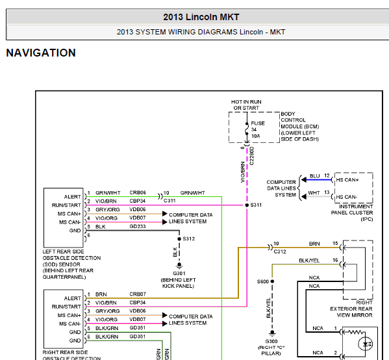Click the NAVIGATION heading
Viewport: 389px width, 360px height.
point(41,53)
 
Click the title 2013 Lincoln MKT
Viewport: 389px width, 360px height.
point(201,17)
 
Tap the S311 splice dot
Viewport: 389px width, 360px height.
point(247,205)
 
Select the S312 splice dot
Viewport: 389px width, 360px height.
point(179,239)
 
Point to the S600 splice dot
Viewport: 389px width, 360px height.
point(272,281)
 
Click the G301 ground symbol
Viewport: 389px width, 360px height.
point(179,266)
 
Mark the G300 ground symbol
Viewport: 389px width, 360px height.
point(272,333)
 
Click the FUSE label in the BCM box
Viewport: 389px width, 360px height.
point(258,123)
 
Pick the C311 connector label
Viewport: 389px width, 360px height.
point(169,201)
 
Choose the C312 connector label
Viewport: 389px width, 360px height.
point(280,251)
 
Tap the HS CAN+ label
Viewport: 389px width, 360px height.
point(347,180)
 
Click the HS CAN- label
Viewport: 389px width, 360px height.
point(347,197)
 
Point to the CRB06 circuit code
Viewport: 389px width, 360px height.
point(138,192)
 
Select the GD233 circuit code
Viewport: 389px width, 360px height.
point(138,226)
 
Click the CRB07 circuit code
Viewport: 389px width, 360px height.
point(138,294)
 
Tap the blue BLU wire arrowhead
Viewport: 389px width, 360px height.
point(304,180)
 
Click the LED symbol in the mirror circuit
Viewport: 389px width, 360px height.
point(366,344)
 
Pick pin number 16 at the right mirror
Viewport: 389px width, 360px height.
point(335,260)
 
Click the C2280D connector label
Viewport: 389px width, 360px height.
point(252,156)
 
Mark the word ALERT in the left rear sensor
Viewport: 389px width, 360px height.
point(73,197)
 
